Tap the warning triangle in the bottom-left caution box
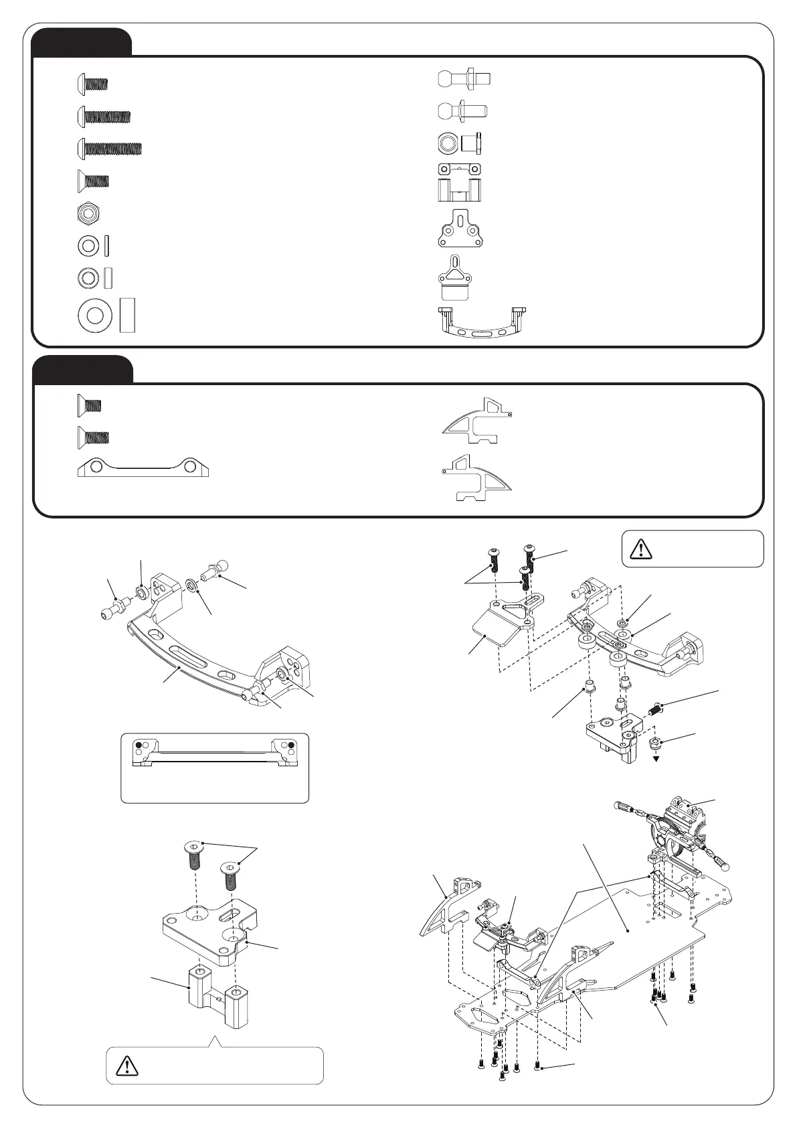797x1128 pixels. pos(127,1065)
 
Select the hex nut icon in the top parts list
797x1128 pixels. pos(88,214)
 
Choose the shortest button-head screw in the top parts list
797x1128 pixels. pos(92,84)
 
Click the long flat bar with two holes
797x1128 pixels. pos(144,468)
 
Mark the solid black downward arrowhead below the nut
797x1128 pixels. pos(657,758)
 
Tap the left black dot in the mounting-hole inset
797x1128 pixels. pos(139,744)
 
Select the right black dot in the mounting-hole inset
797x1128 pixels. pos(291,744)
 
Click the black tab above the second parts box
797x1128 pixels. pos(82,369)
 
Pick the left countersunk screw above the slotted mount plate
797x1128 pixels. pos(193,854)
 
